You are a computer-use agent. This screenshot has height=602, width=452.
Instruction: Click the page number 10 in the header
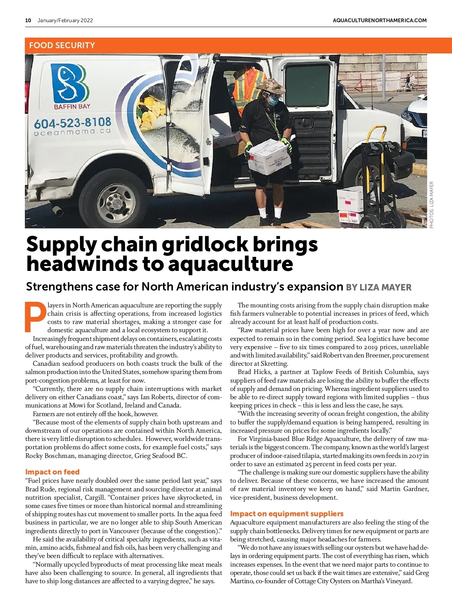pos(28,20)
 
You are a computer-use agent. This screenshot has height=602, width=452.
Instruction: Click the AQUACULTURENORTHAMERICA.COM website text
pos(380,20)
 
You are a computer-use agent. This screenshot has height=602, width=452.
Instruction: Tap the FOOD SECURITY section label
pos(62,46)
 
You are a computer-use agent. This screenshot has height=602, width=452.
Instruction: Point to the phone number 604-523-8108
pos(72,123)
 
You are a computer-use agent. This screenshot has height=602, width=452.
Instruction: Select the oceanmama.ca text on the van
pos(72,132)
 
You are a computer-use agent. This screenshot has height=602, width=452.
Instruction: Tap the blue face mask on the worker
pos(274,100)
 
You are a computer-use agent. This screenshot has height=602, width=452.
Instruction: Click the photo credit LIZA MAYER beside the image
pos(432,205)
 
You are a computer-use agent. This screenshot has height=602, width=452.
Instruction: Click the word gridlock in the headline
pos(205,245)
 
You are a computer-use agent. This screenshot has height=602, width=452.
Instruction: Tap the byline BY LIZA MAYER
pos(379,287)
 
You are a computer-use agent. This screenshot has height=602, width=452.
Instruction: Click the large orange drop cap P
pos(35,317)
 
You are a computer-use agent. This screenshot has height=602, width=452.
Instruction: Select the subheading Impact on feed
pos(52,472)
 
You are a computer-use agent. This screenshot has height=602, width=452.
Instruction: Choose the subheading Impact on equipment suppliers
pos(287,514)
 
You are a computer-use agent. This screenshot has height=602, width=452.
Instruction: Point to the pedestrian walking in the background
pos(408,82)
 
